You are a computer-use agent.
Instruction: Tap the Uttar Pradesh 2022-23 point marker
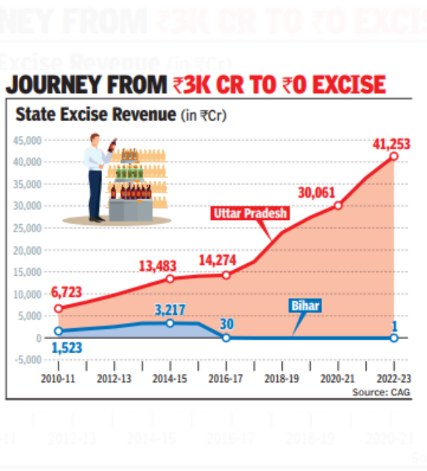tap(394, 157)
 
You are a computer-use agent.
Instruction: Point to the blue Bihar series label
tap(305, 306)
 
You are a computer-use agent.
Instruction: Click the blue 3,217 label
tap(169, 310)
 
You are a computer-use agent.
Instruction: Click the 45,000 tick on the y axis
tap(28, 141)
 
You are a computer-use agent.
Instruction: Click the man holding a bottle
tap(98, 178)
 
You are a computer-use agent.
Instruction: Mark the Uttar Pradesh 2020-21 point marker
tap(338, 206)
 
